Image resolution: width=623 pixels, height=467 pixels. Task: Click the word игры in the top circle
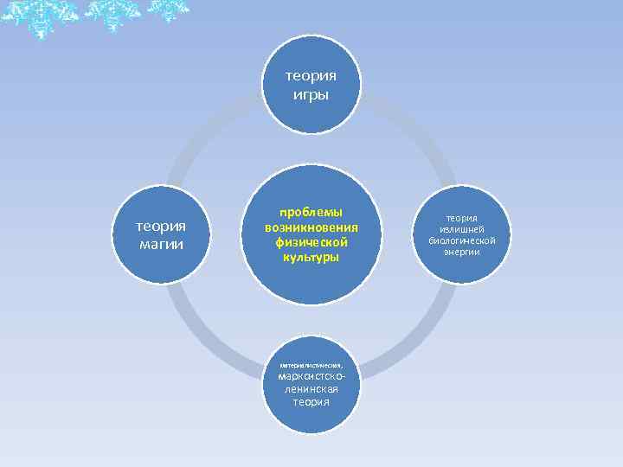[311, 94]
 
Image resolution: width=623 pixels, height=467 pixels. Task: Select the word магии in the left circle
[161, 244]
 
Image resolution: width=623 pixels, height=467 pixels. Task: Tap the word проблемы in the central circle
[311, 212]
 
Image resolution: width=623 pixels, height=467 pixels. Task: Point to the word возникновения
[311, 227]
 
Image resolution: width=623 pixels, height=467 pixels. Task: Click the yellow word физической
[311, 242]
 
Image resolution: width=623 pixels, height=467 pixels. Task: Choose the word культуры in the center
[311, 258]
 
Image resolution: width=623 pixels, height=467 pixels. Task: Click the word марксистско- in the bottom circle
[311, 378]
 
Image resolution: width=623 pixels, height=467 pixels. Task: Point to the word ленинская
[311, 389]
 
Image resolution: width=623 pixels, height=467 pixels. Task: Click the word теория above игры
[311, 76]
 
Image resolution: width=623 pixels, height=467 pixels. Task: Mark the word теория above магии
[161, 227]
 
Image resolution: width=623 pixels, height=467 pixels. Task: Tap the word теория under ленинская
[311, 401]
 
